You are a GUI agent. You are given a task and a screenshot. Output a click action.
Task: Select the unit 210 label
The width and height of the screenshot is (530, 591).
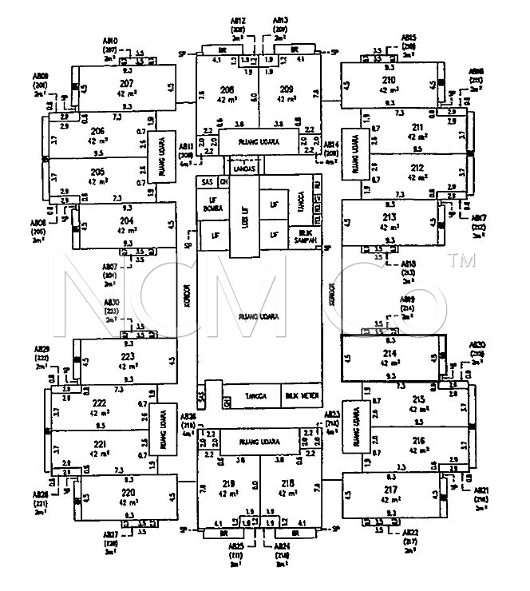coord(389,81)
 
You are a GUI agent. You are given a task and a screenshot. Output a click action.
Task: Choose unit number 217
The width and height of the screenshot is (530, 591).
coord(390,489)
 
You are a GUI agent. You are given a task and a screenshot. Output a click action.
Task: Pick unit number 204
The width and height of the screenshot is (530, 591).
coord(125,220)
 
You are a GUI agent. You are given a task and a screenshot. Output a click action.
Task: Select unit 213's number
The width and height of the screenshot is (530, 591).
coord(390,216)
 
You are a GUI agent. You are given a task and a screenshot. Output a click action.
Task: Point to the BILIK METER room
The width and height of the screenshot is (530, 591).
coord(301,395)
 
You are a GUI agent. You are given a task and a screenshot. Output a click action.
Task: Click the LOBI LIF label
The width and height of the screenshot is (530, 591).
coord(244,216)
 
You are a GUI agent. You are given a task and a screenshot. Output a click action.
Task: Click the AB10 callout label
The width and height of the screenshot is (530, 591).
coord(111,39)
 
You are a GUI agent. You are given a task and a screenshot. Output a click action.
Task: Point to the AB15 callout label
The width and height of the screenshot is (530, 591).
coord(409,38)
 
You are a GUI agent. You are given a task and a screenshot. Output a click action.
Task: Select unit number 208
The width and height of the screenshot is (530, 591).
coord(227,89)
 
